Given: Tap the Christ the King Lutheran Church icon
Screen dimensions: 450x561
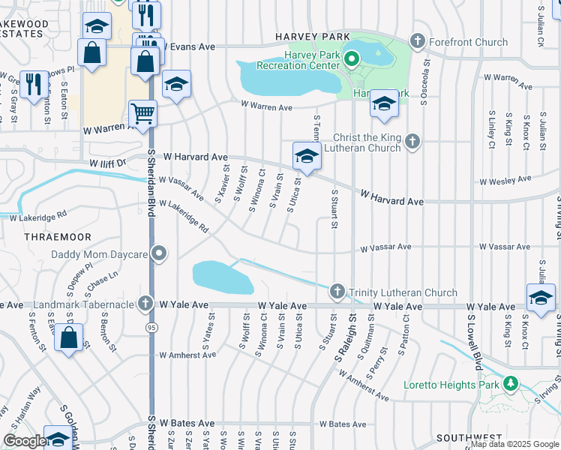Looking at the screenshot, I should pos(412,140).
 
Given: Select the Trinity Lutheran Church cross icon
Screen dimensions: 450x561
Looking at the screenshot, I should pos(337,291).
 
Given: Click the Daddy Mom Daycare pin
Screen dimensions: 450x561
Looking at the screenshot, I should pos(158,254).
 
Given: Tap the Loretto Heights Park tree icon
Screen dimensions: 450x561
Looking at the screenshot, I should pos(511,383).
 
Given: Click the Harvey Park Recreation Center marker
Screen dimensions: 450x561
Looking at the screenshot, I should pos(351,57).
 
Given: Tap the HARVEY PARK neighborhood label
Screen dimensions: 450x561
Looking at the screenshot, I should pos(313,37).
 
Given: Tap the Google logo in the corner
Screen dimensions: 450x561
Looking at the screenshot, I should pos(24,441).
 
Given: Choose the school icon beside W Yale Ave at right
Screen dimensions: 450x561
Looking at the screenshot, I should pos(540,298).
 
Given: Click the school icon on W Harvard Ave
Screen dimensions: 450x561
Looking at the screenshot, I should pos(306,156).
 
